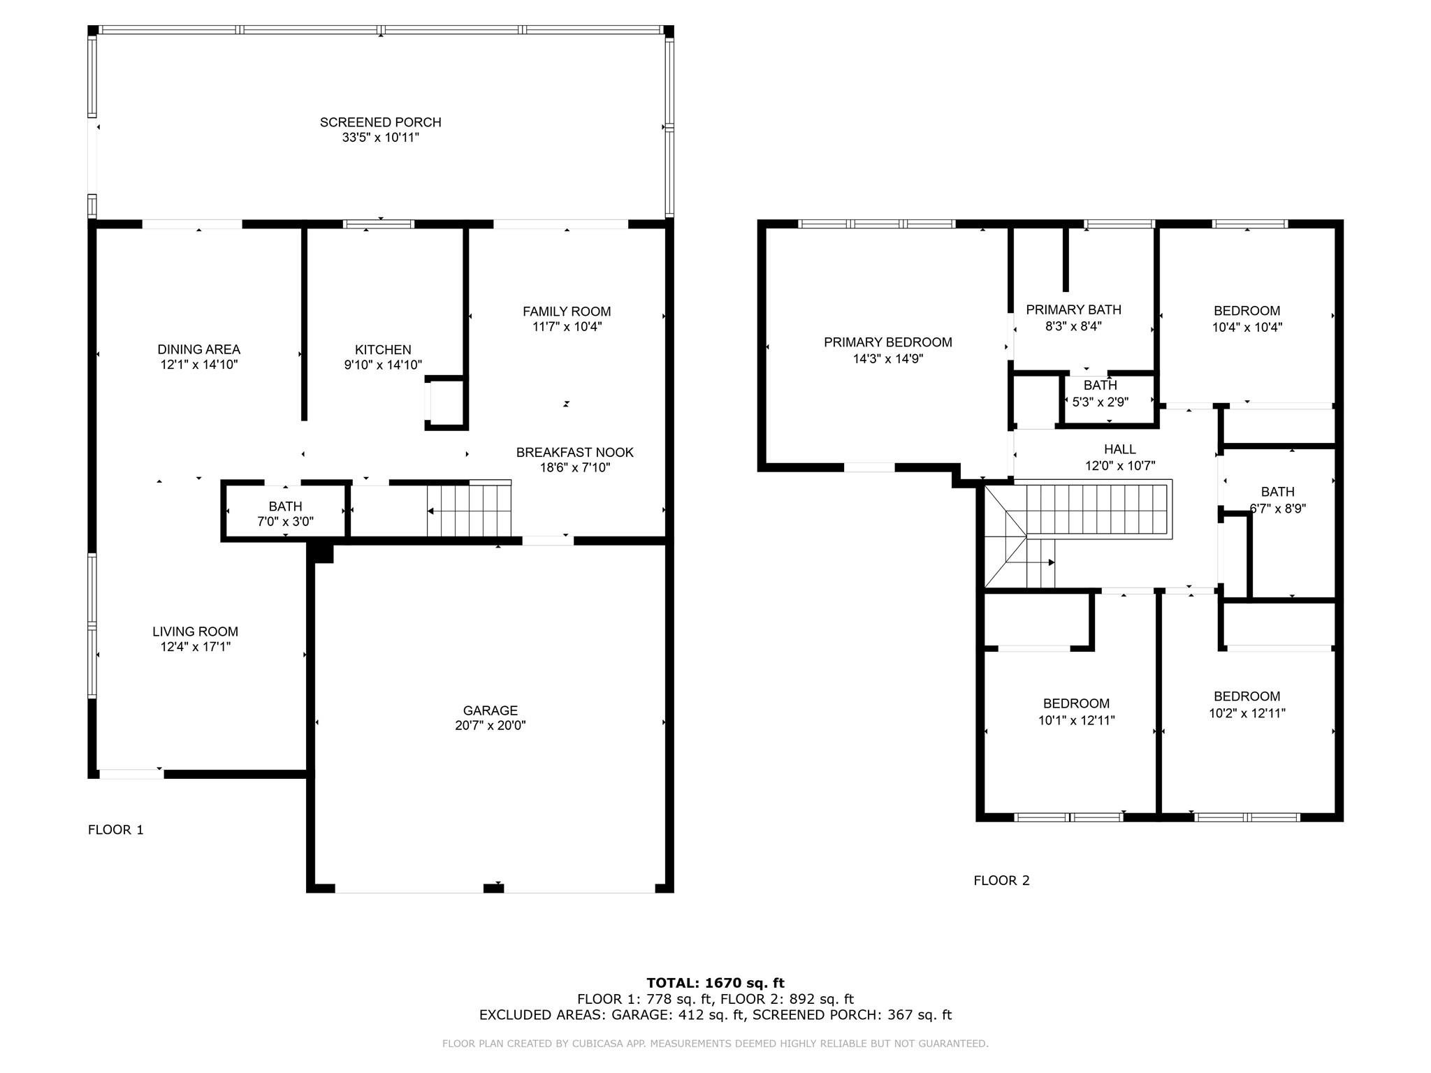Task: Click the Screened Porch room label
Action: [380, 122]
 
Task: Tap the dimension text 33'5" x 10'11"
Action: [380, 138]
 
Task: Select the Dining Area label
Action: [199, 349]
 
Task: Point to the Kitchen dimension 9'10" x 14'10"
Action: [383, 365]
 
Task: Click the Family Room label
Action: [567, 312]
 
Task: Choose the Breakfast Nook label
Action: [575, 452]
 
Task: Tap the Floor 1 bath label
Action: [286, 506]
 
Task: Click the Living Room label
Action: [196, 632]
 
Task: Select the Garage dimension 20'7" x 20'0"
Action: [491, 726]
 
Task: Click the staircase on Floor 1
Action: [470, 509]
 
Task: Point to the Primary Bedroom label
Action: [888, 342]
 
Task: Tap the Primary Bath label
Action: [1073, 309]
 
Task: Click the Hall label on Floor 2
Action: [1120, 449]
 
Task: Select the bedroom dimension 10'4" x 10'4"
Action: [1247, 327]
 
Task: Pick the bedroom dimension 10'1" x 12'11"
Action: [1077, 720]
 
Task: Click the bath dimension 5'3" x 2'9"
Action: [1101, 402]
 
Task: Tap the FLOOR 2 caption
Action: [1002, 880]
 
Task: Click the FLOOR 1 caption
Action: [116, 830]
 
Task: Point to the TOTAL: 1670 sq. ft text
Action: [715, 984]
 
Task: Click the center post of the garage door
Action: [494, 888]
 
